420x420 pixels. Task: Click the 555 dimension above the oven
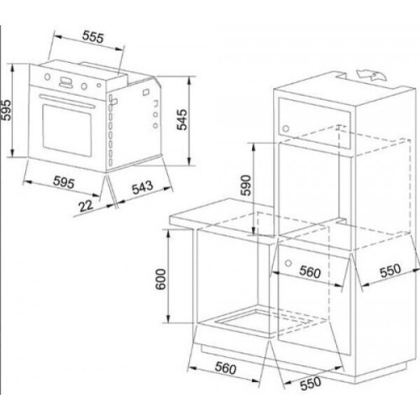coord(93,37)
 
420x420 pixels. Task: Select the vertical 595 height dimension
coord(6,110)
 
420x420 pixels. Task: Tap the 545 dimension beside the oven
coord(181,119)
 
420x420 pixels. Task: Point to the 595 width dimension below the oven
coord(64,181)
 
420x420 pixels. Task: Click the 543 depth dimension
coord(143,187)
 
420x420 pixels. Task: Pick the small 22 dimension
coord(86,206)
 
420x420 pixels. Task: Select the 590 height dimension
coord(246,185)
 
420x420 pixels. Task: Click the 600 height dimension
coord(160,279)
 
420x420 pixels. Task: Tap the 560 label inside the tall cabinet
coord(310,271)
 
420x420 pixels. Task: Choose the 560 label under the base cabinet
coord(226,368)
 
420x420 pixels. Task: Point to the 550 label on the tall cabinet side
coord(391,270)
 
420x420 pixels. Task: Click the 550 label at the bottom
coord(311,383)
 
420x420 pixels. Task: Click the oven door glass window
coord(67,131)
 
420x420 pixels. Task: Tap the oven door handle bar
coord(67,101)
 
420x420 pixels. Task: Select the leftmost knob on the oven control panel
coord(48,76)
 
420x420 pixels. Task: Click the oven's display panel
coord(66,82)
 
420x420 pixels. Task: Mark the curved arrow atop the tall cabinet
coord(371,76)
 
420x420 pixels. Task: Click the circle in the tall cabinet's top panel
coord(286,129)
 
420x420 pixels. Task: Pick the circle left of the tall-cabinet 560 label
coord(288,263)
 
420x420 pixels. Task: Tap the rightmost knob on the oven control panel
coord(99,85)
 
